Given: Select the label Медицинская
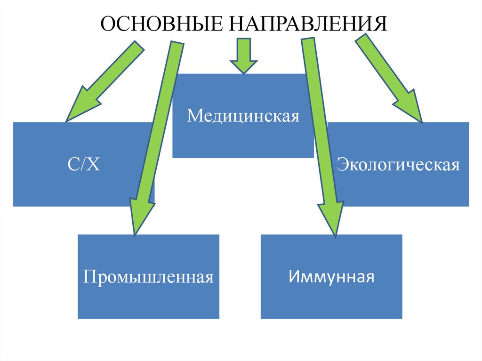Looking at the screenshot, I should [x=243, y=115].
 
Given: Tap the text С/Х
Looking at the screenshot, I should [x=83, y=165].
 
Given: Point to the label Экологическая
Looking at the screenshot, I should [x=398, y=165].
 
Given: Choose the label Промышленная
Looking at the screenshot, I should [x=148, y=276].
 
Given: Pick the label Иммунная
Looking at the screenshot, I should [x=331, y=276].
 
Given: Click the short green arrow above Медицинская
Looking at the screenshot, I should [x=243, y=55].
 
